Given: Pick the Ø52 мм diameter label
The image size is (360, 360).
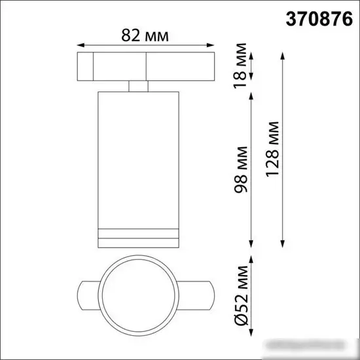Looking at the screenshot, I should tap(242, 295).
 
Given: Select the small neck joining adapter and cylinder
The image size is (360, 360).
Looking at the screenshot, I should tap(139, 86).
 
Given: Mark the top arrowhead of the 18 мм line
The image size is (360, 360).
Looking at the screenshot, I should tap(253, 54).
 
